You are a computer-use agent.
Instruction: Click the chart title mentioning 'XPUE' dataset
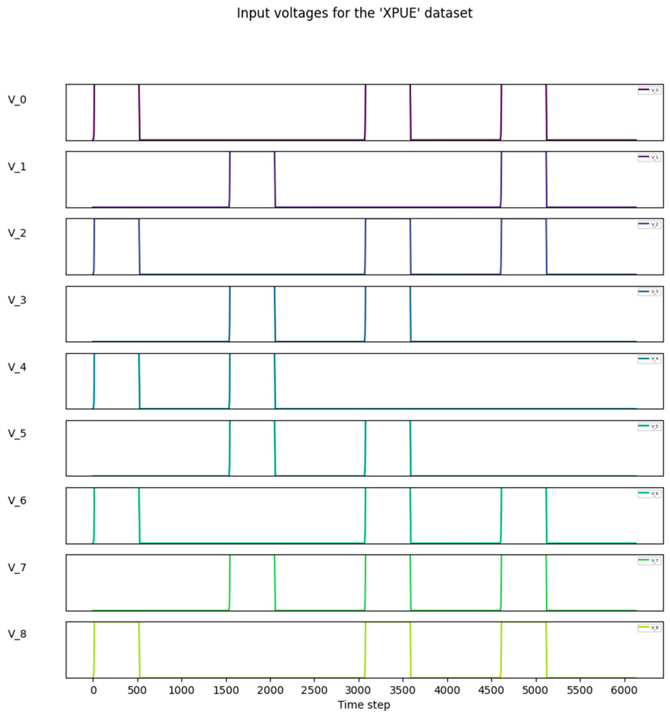[354, 13]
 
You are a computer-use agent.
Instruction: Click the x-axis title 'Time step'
[363, 705]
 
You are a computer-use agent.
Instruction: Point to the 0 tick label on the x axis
[93, 690]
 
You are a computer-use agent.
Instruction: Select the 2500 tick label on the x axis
[314, 690]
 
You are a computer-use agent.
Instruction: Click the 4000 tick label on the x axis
[447, 690]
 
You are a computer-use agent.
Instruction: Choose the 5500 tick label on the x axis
[580, 690]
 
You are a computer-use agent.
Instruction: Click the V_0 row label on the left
[17, 100]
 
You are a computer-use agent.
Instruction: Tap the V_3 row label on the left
[17, 300]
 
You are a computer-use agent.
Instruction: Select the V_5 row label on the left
[17, 433]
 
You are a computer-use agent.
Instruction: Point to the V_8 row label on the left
[17, 634]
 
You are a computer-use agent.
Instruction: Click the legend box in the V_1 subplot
[649, 157]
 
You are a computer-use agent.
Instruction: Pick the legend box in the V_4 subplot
[649, 359]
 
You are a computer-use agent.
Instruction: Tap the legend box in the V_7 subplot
[649, 561]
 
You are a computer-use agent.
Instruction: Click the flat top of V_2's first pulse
[116, 219]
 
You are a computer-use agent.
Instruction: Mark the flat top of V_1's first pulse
[252, 152]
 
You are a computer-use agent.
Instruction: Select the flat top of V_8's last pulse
[523, 623]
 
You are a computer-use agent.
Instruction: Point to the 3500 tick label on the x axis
[402, 690]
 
